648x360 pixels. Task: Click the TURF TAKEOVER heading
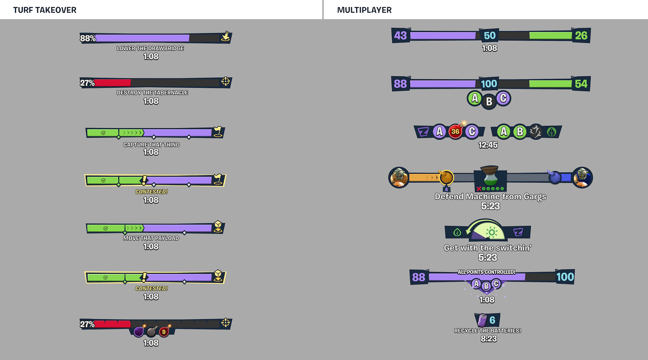click(x=45, y=10)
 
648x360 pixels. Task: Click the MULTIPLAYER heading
click(x=364, y=10)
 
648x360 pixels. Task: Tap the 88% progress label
click(x=88, y=38)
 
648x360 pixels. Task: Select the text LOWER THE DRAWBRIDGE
click(x=150, y=48)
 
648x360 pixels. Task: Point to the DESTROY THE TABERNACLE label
click(x=152, y=92)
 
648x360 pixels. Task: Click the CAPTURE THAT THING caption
click(x=151, y=144)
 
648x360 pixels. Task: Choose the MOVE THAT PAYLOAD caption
click(x=151, y=238)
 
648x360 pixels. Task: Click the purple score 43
click(x=401, y=35)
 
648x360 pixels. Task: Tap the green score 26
click(x=581, y=35)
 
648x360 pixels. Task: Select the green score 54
click(x=581, y=84)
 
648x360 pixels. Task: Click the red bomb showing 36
click(x=455, y=131)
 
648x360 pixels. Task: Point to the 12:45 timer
click(x=488, y=145)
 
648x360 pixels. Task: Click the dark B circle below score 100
click(x=489, y=101)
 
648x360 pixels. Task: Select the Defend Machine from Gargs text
click(x=490, y=196)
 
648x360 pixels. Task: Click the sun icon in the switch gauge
click(x=492, y=232)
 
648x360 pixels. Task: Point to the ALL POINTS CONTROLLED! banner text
click(x=486, y=272)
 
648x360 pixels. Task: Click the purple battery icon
click(x=482, y=320)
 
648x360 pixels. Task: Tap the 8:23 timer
click(x=488, y=339)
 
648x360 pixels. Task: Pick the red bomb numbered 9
click(x=164, y=332)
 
